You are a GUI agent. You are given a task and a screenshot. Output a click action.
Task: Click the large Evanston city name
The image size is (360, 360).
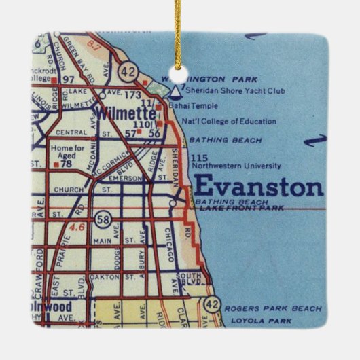(x=258, y=185)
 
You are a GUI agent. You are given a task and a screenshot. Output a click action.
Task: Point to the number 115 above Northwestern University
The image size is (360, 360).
(x=199, y=158)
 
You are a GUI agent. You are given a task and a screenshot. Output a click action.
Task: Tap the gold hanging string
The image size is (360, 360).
(x=179, y=27)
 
